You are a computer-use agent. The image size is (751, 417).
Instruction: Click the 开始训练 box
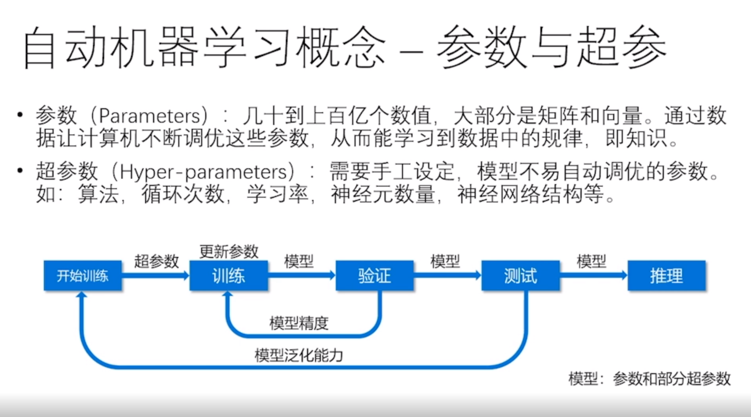[83, 276]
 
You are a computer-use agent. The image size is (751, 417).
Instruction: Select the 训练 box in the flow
[229, 276]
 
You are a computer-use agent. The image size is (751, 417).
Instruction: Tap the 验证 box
[375, 276]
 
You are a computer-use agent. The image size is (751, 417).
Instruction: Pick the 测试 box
[520, 276]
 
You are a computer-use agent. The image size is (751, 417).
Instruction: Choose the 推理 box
[666, 276]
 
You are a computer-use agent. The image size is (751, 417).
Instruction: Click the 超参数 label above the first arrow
[157, 261]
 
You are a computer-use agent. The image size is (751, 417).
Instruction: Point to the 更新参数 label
[229, 251]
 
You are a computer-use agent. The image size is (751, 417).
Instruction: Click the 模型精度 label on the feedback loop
[299, 323]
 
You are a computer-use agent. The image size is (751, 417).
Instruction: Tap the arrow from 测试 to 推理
[593, 275]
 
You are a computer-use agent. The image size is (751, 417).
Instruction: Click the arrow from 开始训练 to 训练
[155, 275]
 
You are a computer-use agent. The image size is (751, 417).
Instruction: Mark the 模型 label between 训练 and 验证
[299, 261]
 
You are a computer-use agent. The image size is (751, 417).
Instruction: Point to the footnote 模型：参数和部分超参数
[649, 379]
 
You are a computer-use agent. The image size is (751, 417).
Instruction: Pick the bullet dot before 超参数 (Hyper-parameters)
[20, 171]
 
